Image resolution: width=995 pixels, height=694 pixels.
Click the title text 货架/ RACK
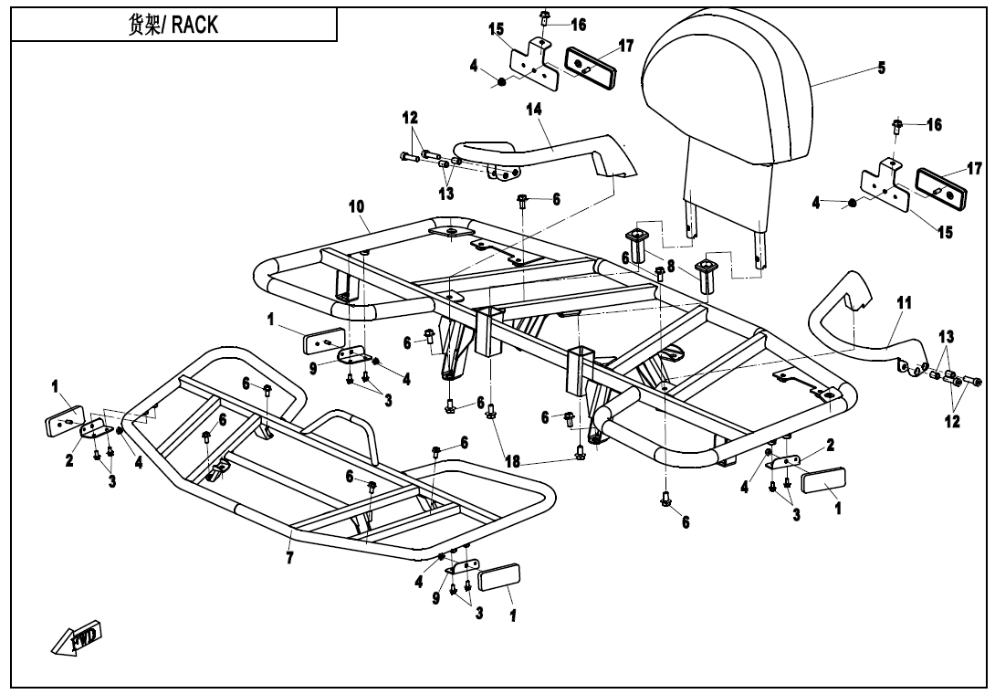(173, 25)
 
